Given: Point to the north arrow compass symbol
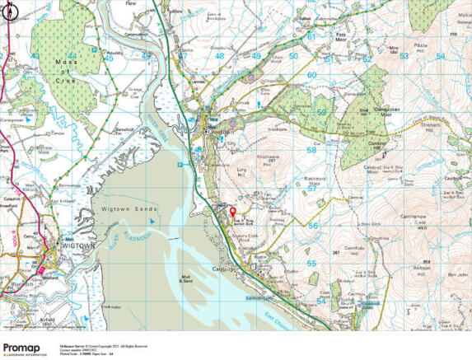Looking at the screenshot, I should click(7, 11).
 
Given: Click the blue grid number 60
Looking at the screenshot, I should click(311, 75).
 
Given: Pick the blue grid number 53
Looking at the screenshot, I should click(404, 55).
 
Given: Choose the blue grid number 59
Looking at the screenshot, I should click(321, 112).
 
